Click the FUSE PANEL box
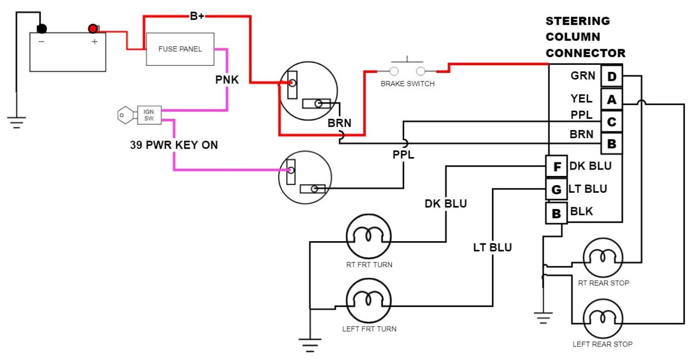pyautogui.click(x=180, y=49)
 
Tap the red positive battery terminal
pyautogui.click(x=93, y=29)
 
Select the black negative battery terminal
pyautogui.click(x=42, y=29)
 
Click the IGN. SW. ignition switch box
pyautogui.click(x=150, y=114)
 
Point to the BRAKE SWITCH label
pyautogui.click(x=407, y=84)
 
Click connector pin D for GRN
pyautogui.click(x=612, y=77)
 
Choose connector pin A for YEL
pyautogui.click(x=612, y=99)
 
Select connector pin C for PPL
pyautogui.click(x=612, y=122)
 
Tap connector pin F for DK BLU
pyautogui.click(x=556, y=167)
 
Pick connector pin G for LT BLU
pyautogui.click(x=556, y=190)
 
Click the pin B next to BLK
pyautogui.click(x=556, y=213)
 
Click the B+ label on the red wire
pyautogui.click(x=197, y=16)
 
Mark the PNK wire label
pyautogui.click(x=227, y=80)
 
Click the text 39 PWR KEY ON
pyautogui.click(x=174, y=145)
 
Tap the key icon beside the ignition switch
pyautogui.click(x=126, y=114)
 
